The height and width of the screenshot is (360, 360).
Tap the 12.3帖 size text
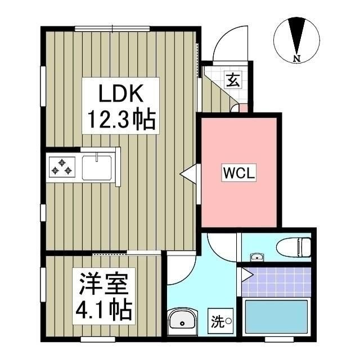(x=120, y=119)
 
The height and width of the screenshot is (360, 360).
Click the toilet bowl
(x=294, y=246)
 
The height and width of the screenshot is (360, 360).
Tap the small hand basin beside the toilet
(x=257, y=257)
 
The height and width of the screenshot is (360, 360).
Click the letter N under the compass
(x=296, y=57)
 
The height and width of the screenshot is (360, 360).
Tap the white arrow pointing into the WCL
(x=189, y=174)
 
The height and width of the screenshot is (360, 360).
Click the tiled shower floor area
(x=277, y=281)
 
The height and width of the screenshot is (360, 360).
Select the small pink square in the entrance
(x=242, y=107)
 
